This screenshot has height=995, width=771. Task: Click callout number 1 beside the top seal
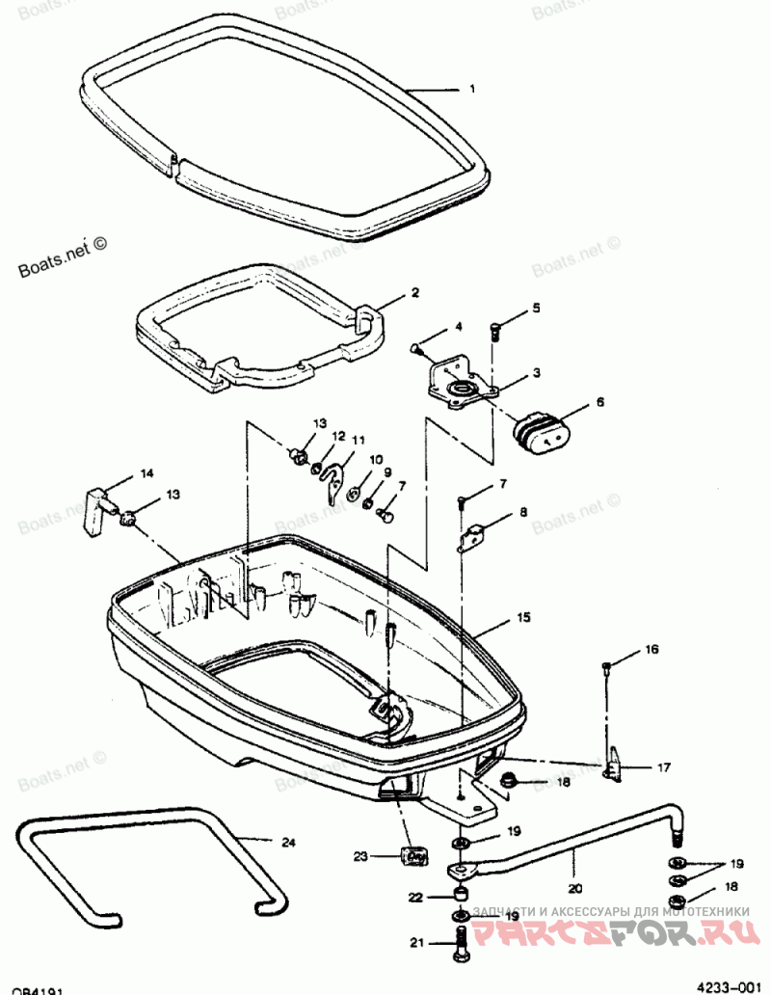click(x=472, y=90)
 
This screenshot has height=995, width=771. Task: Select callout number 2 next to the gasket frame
click(x=414, y=292)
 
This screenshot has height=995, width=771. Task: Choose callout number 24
click(x=287, y=843)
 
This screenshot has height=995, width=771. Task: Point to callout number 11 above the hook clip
click(x=358, y=441)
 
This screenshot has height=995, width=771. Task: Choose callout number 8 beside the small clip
click(x=523, y=513)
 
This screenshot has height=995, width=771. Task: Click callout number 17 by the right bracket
click(x=665, y=768)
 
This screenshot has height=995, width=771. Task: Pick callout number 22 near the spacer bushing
click(x=415, y=897)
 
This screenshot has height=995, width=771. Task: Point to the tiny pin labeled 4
click(x=417, y=347)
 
